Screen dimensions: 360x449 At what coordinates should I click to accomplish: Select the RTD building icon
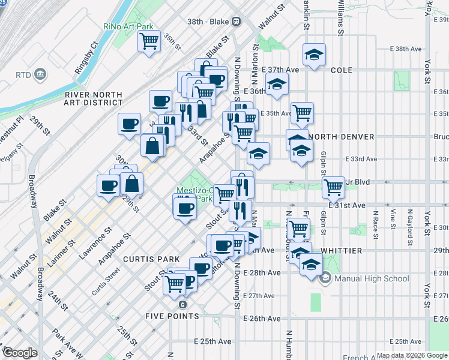pyautogui.click(x=40, y=74)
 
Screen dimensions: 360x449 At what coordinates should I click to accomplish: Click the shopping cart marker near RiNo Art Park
pyautogui.click(x=149, y=42)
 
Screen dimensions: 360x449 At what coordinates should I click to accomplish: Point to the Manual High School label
pyautogui.click(x=372, y=278)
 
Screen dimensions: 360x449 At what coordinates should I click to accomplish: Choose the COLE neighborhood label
pyautogui.click(x=342, y=70)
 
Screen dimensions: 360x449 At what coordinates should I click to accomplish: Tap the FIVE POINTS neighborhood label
pyautogui.click(x=172, y=316)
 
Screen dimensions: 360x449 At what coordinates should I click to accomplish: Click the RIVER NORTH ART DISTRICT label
pyautogui.click(x=94, y=99)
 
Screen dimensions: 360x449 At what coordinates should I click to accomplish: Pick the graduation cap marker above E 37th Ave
pyautogui.click(x=314, y=55)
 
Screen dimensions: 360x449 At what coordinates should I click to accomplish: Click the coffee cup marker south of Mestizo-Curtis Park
pyautogui.click(x=184, y=208)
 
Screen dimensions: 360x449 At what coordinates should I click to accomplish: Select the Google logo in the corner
pyautogui.click(x=20, y=353)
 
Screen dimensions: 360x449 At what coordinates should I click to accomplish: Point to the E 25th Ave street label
pyautogui.click(x=212, y=341)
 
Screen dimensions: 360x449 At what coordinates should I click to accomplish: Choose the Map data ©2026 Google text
pyautogui.click(x=411, y=355)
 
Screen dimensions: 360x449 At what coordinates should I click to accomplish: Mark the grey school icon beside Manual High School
pyautogui.click(x=325, y=278)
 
